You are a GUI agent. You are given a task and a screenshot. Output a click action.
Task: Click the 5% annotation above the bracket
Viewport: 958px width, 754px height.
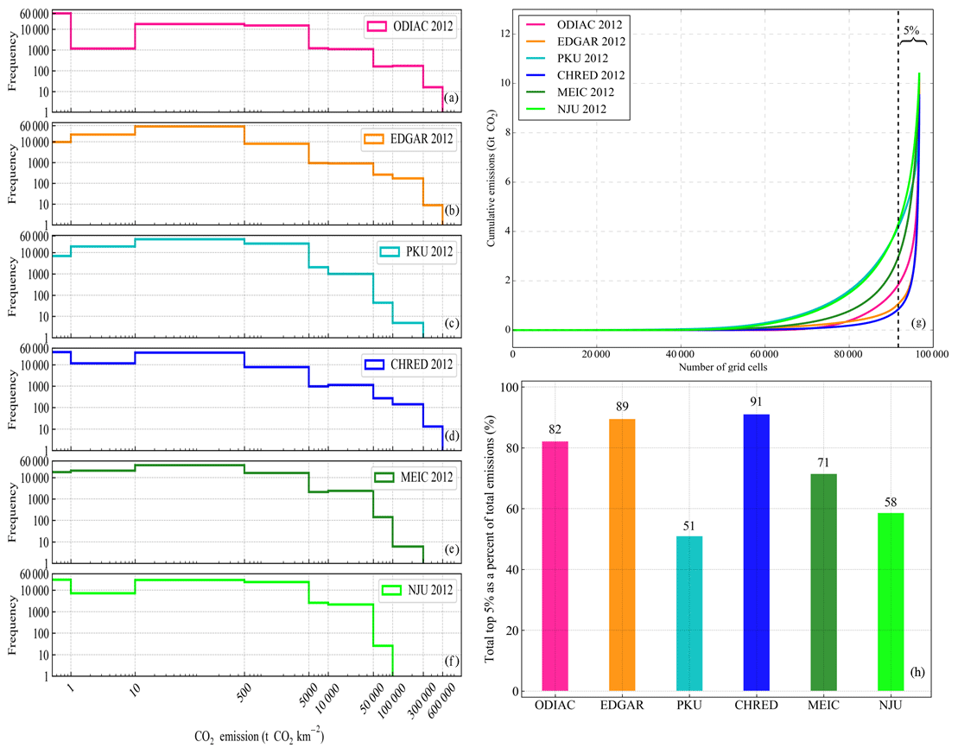(x=911, y=29)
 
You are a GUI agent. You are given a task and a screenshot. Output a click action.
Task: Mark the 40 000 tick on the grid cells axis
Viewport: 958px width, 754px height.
(x=682, y=354)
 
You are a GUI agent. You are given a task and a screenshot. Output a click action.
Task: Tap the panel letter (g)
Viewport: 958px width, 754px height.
(x=918, y=323)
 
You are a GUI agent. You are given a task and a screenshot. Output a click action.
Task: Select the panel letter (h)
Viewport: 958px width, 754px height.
(x=917, y=671)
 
